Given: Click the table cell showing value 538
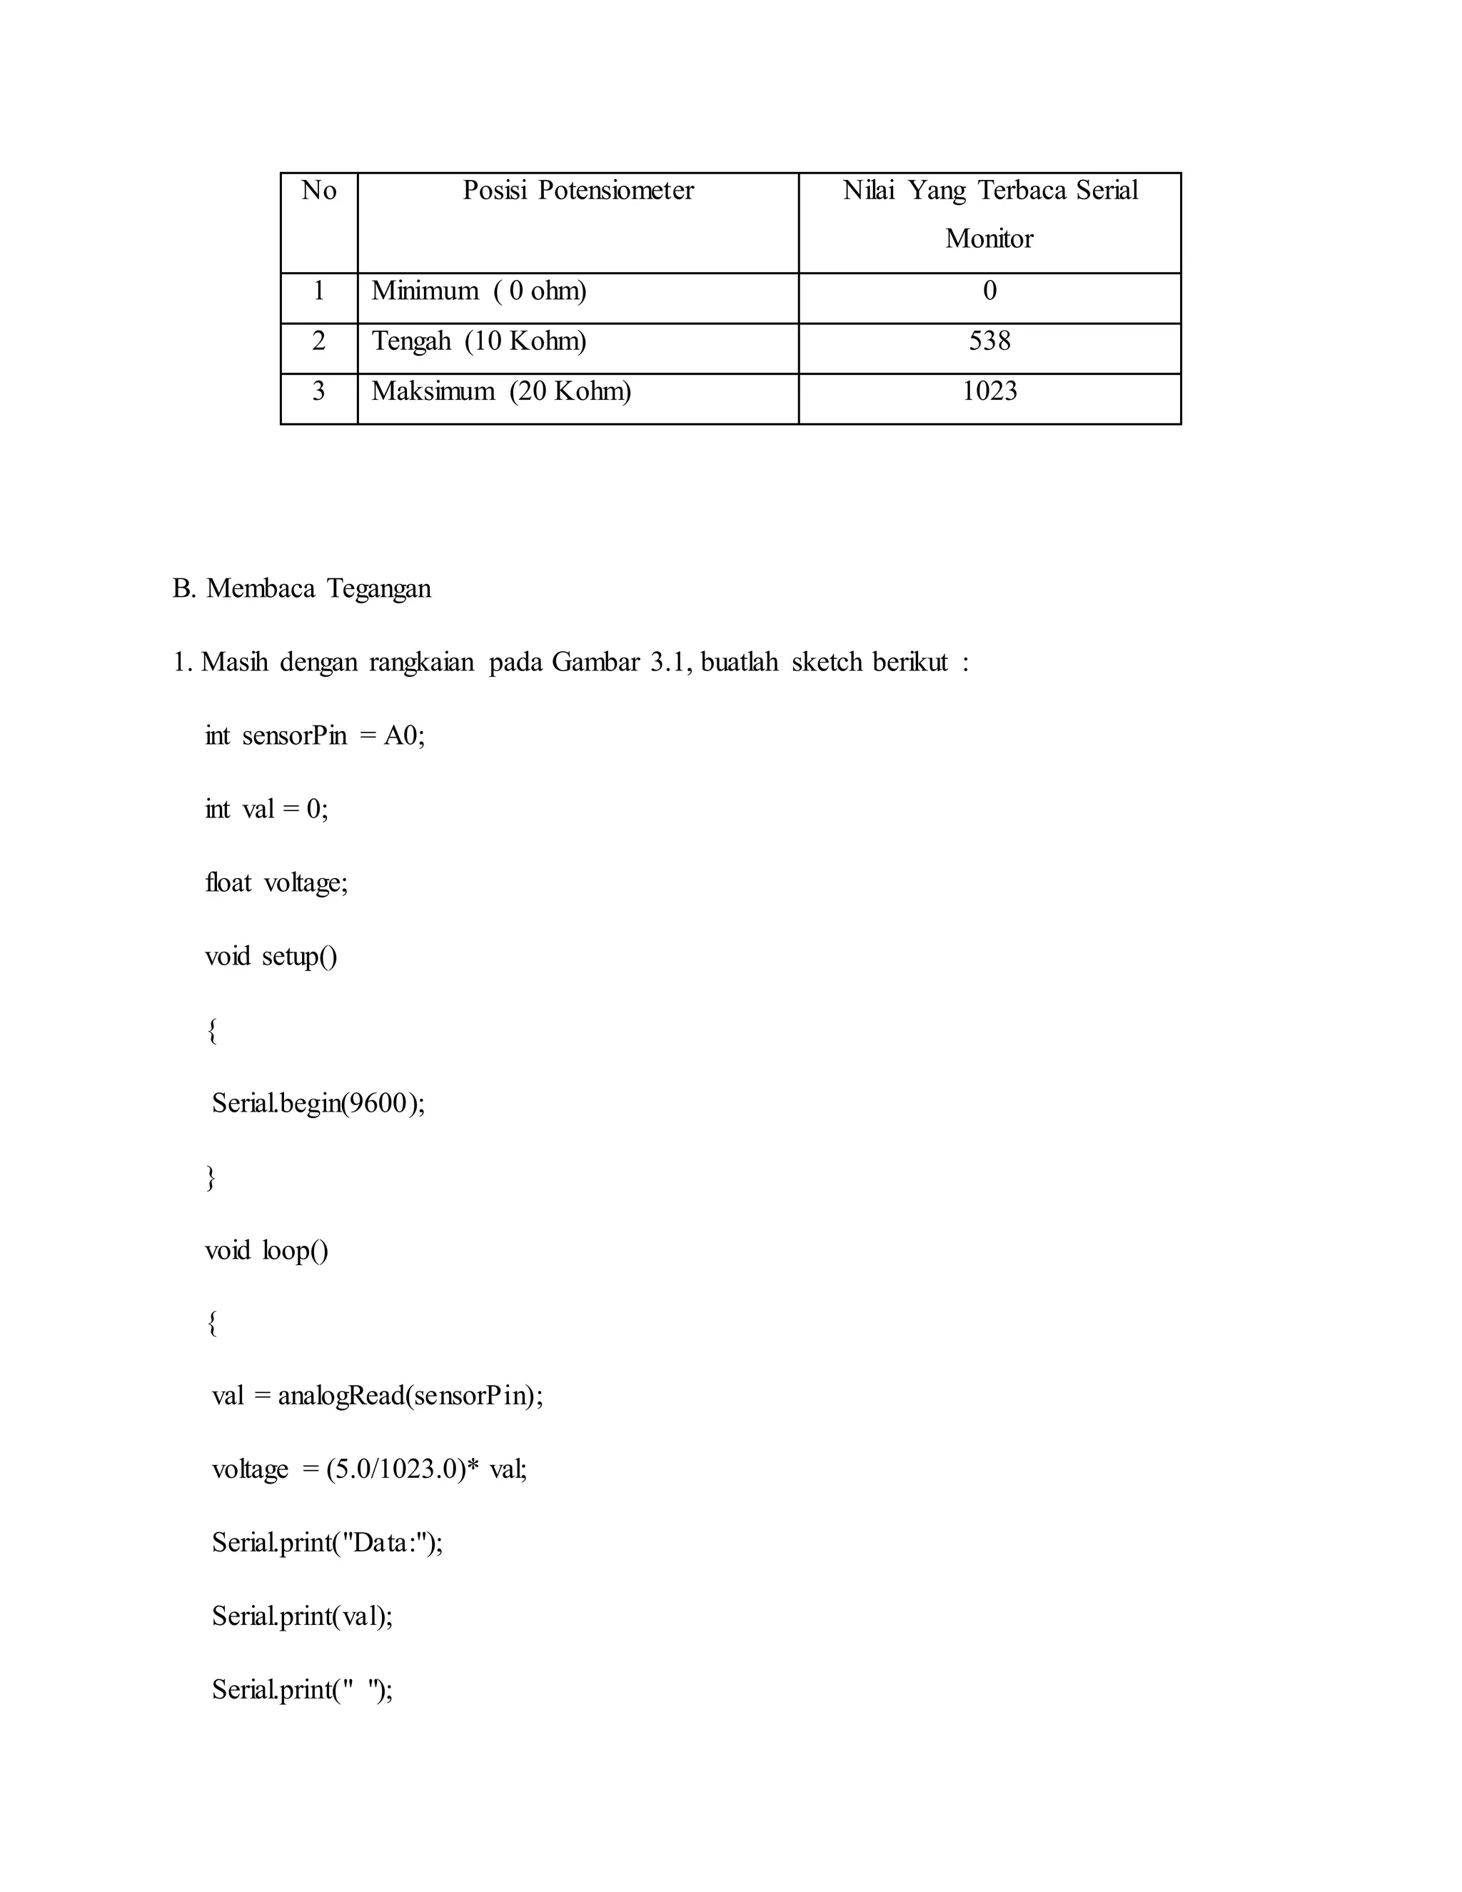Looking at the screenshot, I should point(989,341).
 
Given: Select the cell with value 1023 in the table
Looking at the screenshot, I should point(989,391).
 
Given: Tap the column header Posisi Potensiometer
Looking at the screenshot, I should point(578,191).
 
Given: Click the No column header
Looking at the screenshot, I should point(318,191).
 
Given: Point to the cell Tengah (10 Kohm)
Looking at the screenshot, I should point(479,341).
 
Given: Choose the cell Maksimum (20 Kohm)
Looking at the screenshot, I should point(500,391).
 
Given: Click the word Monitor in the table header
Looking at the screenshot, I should point(989,238).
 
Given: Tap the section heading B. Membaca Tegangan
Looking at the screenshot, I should point(301,588).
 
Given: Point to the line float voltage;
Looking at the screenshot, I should point(276,882).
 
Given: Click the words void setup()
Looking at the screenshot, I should point(271,957).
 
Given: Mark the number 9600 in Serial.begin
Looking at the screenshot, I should point(377,1103).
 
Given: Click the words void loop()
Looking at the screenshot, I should point(267,1250).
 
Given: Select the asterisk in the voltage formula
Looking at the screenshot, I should point(473,1467).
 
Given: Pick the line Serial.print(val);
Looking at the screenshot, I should point(302,1616).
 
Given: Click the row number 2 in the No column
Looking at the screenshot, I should point(318,341).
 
